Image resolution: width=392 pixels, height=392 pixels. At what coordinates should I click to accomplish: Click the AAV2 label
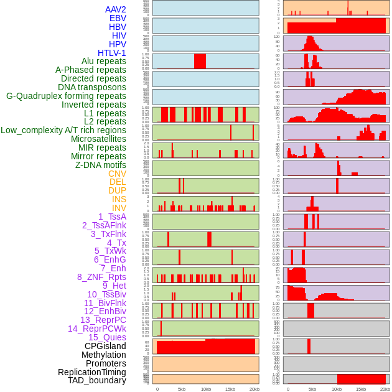pyautogui.click(x=116, y=9)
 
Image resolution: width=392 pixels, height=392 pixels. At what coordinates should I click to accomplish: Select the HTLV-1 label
pyautogui.click(x=112, y=53)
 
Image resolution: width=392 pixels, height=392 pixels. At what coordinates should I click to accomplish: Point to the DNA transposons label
pyautogui.click(x=92, y=87)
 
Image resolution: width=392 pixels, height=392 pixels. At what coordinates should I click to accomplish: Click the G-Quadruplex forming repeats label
pyautogui.click(x=66, y=96)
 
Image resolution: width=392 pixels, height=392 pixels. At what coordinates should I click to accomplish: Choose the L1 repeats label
pyautogui.click(x=105, y=113)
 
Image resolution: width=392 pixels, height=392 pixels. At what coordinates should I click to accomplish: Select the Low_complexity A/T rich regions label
pyautogui.click(x=63, y=130)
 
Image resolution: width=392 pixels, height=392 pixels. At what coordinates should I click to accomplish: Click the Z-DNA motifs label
pyautogui.click(x=101, y=165)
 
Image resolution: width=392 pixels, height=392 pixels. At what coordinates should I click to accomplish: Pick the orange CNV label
pyautogui.click(x=117, y=174)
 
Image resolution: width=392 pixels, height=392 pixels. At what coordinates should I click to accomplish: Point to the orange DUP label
pyautogui.click(x=117, y=190)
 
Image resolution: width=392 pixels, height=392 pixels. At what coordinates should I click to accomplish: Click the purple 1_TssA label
pyautogui.click(x=112, y=217)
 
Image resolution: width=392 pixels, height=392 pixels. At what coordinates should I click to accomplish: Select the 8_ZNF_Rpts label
pyautogui.click(x=101, y=277)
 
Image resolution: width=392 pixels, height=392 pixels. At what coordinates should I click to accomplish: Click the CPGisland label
pyautogui.click(x=105, y=346)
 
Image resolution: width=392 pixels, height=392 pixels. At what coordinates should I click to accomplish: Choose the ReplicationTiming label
pyautogui.click(x=91, y=372)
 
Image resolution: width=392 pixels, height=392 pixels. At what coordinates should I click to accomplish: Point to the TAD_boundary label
pyautogui.click(x=97, y=380)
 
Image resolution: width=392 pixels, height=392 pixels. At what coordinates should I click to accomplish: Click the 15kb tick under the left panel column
pyautogui.click(x=230, y=389)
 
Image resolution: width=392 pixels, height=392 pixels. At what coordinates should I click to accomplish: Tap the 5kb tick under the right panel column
pyautogui.click(x=312, y=389)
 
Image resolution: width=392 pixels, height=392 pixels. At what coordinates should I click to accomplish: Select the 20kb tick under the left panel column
pyautogui.click(x=254, y=389)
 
